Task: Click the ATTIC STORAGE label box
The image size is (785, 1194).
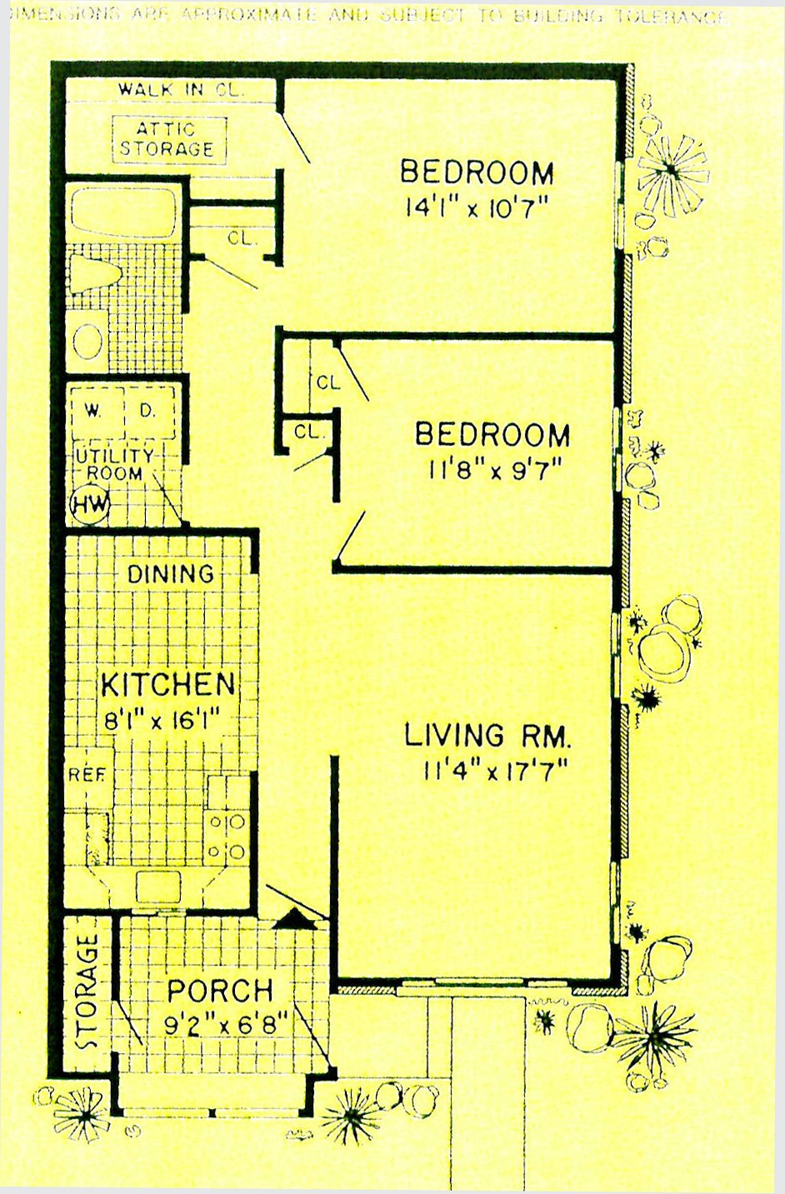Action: coord(169,139)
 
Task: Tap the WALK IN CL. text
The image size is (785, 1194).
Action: coord(181,90)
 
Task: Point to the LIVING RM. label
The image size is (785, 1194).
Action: coord(487,736)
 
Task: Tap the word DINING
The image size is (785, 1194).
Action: coord(170,573)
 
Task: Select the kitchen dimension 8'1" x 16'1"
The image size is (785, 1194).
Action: coord(167,719)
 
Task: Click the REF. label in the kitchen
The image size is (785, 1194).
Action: coord(87,775)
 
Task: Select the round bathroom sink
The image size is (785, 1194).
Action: coord(87,340)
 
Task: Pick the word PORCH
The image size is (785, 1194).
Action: coord(220,991)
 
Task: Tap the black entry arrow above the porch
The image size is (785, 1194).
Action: coord(292,917)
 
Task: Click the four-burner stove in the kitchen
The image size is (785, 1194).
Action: coord(227,836)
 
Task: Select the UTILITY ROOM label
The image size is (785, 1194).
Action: coord(114,465)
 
